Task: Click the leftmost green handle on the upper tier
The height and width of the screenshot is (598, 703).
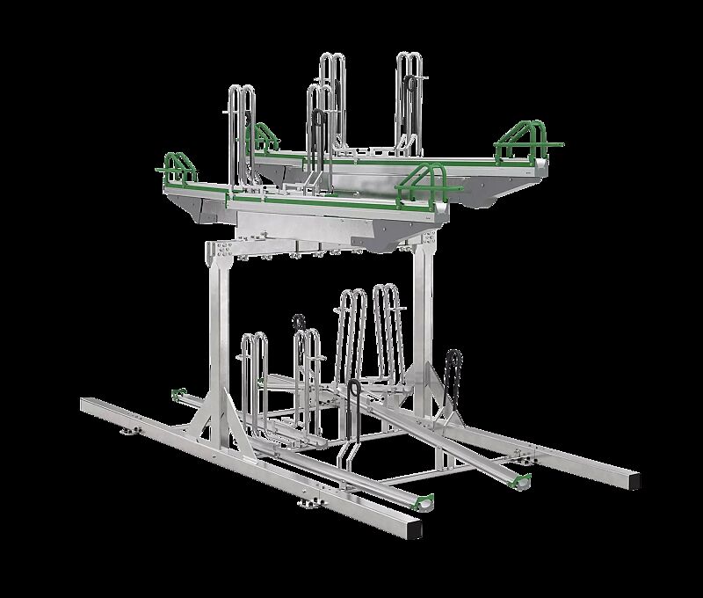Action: (174, 166)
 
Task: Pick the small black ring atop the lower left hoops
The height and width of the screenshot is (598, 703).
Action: (300, 320)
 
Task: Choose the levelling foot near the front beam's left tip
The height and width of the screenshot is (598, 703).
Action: (132, 430)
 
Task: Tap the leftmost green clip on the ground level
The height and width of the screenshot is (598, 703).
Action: (178, 392)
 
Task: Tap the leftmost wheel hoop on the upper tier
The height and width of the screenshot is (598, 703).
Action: (242, 132)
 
